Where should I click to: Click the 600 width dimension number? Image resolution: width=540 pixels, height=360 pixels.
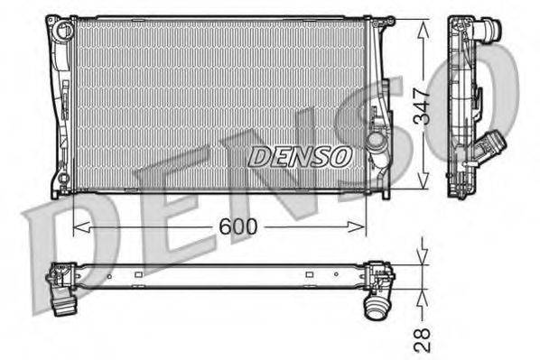(237, 227)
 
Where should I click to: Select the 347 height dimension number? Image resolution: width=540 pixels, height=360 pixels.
(431, 105)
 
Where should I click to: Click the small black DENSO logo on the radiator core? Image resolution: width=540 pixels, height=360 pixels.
(300, 156)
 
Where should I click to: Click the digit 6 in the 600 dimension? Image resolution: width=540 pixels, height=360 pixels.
(226, 227)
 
